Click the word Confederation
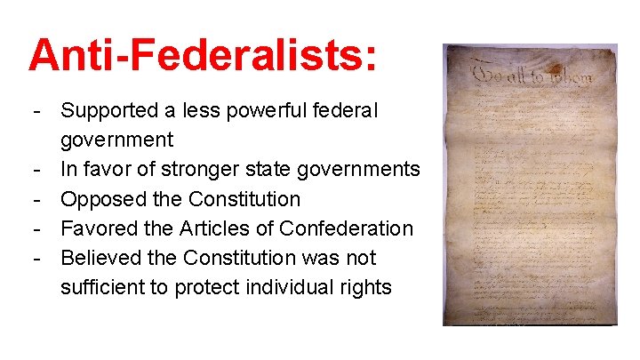coord(347,228)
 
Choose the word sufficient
coord(101,287)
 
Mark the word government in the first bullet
coord(117,140)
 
